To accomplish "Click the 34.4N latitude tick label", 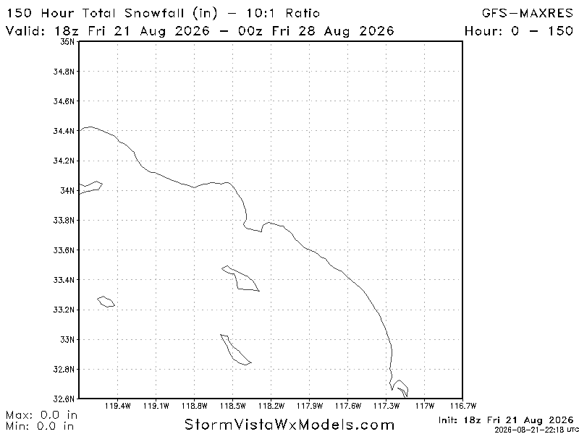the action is [x=64, y=131].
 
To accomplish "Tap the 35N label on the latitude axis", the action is [x=67, y=41].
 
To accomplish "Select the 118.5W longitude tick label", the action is [x=236, y=406].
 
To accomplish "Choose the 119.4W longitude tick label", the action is [x=121, y=406].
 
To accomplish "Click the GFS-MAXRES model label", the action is [x=528, y=14].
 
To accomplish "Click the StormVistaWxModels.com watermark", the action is [x=289, y=424].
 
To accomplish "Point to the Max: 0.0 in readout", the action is [x=41, y=415].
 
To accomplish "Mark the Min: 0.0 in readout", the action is [x=40, y=426].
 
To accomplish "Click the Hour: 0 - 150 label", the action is [x=518, y=30].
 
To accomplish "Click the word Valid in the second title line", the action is [x=25, y=30].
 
